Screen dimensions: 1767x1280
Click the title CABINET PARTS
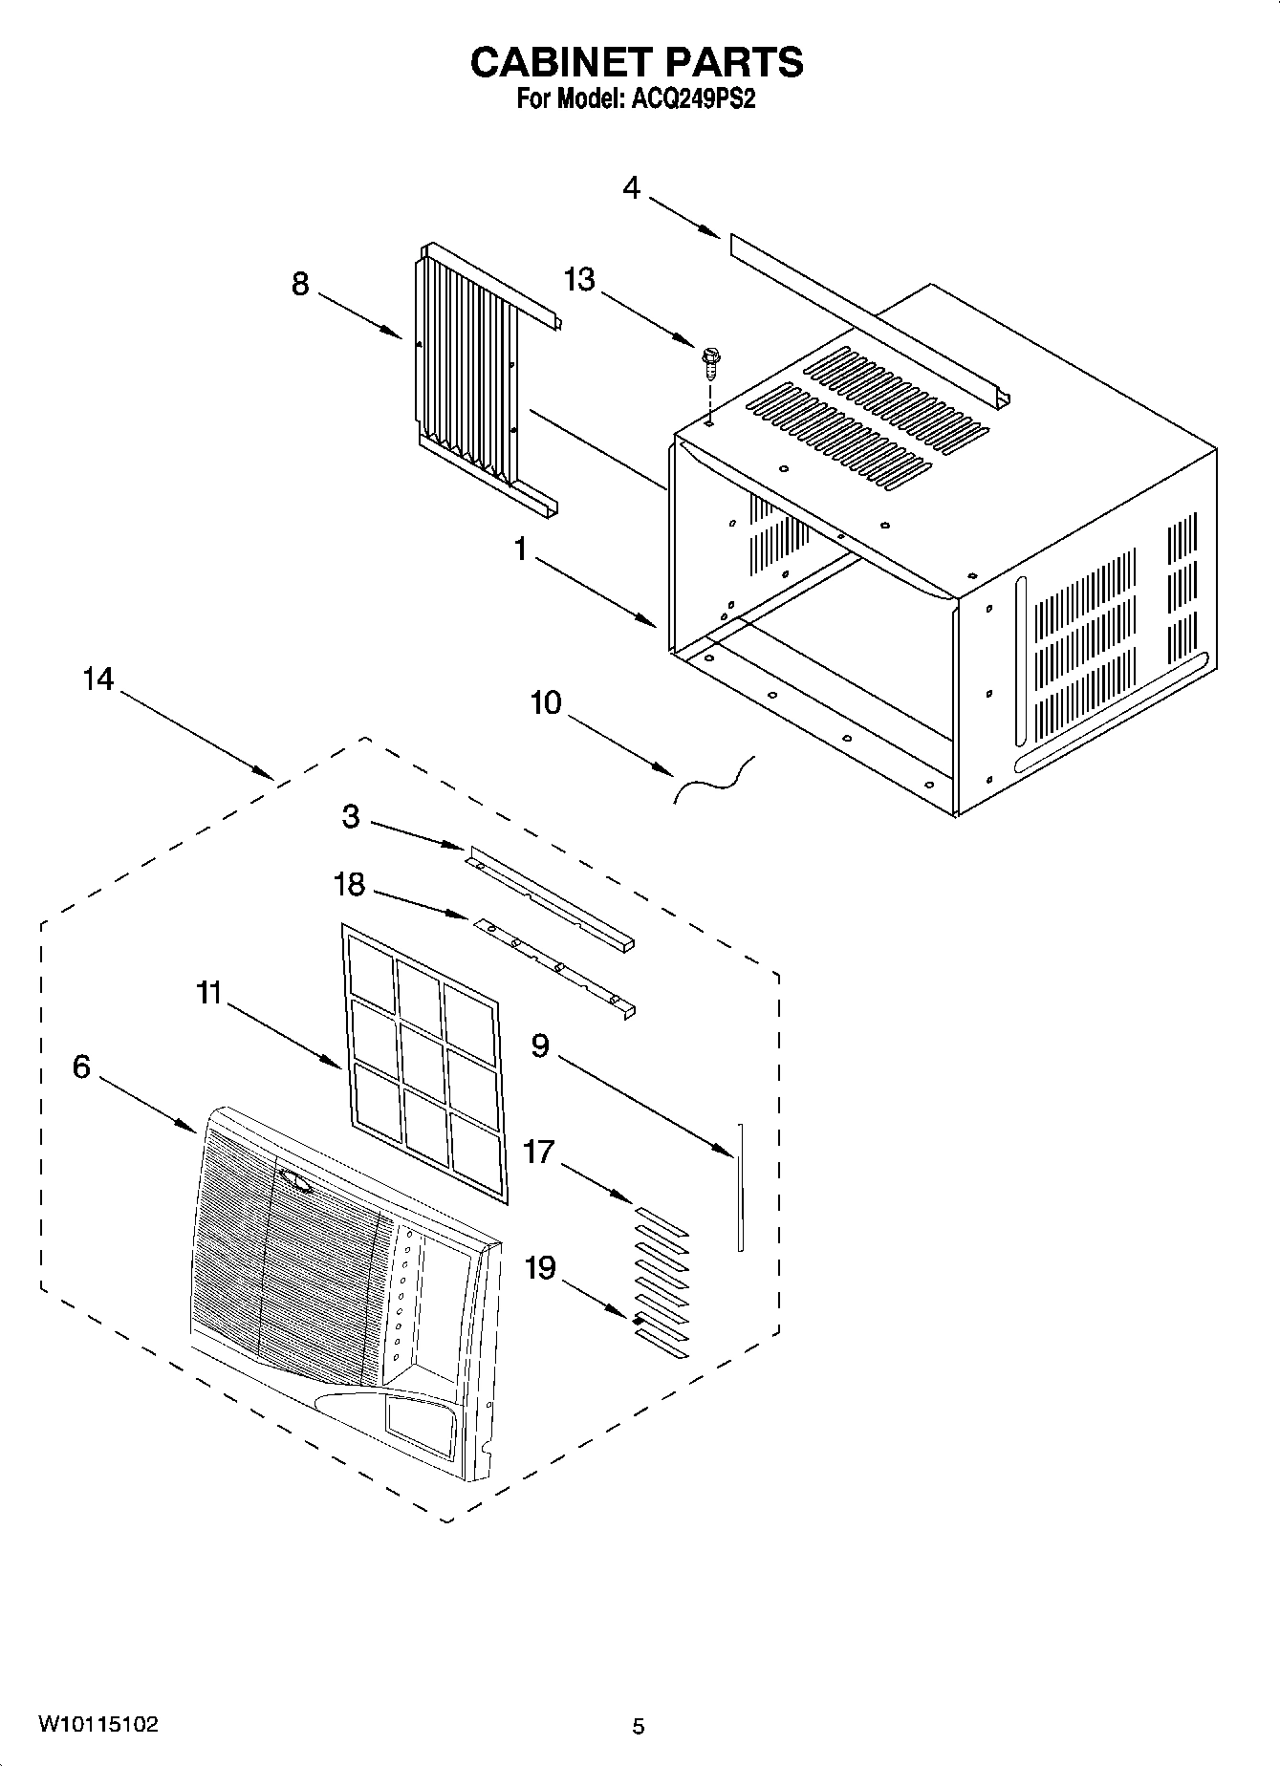[x=637, y=62]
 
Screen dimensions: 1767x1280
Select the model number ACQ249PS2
[x=693, y=99]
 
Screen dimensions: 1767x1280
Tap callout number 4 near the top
[x=632, y=187]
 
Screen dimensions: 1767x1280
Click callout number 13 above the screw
[x=579, y=280]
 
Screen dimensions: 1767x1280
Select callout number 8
[x=300, y=284]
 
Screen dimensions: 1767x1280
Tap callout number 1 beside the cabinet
[x=521, y=549]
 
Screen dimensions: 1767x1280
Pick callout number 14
[x=98, y=679]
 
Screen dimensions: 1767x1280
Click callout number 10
[x=546, y=703]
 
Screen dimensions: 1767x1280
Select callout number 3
[x=351, y=817]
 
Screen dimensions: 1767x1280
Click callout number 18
[x=349, y=885]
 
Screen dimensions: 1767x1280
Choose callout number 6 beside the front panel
[x=81, y=1067]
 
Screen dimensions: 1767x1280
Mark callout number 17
[x=539, y=1153]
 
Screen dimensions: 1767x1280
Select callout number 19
[x=540, y=1268]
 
